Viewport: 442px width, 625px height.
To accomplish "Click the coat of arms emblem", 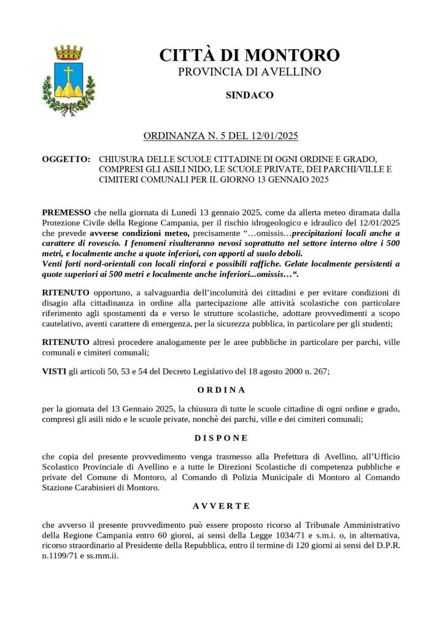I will click(x=68, y=80).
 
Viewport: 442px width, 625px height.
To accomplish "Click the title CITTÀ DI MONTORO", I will click(x=249, y=55).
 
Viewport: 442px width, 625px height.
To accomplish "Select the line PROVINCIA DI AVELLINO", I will click(x=249, y=72).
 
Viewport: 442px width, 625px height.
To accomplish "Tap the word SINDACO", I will click(x=249, y=95).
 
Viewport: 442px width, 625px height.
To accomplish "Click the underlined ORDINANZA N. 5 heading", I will click(x=220, y=135).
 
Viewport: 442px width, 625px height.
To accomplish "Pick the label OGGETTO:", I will click(x=66, y=158).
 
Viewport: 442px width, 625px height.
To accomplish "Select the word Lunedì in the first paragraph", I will click(x=182, y=212).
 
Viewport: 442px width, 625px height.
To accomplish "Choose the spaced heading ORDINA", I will click(x=221, y=390).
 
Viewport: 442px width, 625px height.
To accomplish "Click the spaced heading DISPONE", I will click(x=221, y=438).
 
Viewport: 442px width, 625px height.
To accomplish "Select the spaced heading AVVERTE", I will click(x=221, y=506).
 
